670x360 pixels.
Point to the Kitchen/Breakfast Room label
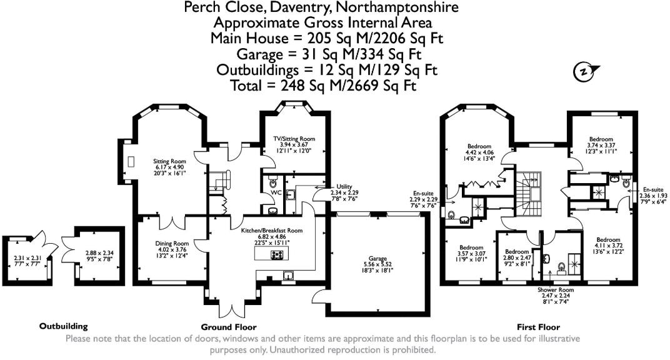click(x=272, y=231)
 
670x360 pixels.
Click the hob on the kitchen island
click(x=276, y=254)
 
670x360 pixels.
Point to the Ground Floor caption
click(x=228, y=327)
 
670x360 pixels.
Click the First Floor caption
click(x=538, y=327)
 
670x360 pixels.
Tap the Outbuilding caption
click(x=63, y=326)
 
